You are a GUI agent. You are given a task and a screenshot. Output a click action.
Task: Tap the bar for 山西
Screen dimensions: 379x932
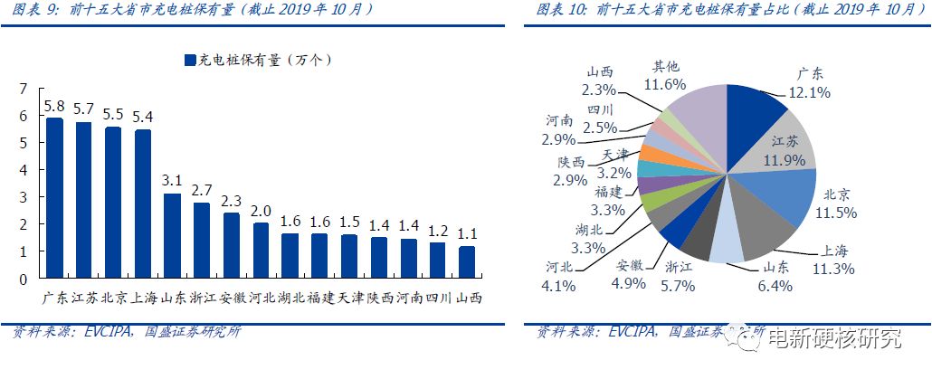coord(466,261)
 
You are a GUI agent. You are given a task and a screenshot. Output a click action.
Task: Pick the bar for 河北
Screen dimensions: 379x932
coord(260,250)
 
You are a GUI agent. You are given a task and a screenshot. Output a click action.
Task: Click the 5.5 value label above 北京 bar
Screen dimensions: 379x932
coord(113,116)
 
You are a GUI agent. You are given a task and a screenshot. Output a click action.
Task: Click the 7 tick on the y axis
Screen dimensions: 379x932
coord(24,89)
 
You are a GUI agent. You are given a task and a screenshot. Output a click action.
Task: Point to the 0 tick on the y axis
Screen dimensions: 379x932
coord(24,278)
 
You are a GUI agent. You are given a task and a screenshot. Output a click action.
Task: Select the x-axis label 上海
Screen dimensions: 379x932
coord(143,298)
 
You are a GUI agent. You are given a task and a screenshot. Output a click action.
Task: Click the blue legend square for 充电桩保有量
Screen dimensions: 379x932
coord(189,61)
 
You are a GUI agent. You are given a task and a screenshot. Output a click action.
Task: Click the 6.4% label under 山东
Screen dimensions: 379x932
coord(774,285)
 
